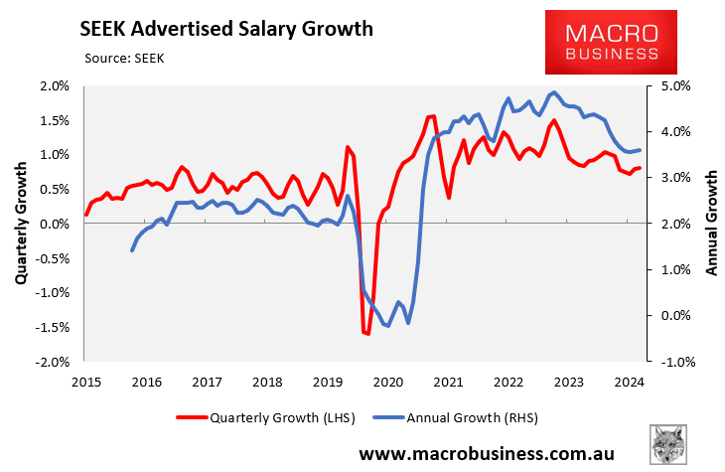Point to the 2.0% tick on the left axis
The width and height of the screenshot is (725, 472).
[x=56, y=86]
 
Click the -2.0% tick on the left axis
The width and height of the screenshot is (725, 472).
[x=54, y=362]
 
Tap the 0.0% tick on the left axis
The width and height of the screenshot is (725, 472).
[x=56, y=225]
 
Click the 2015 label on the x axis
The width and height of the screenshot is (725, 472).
[x=85, y=382]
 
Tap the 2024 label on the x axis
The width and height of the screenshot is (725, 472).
[x=627, y=382]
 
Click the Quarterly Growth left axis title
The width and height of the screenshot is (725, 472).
[x=21, y=225]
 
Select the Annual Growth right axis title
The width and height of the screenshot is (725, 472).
[x=711, y=224]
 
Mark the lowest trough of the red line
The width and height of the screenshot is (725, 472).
[x=366, y=334]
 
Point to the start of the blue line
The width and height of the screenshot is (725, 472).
[x=132, y=250]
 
